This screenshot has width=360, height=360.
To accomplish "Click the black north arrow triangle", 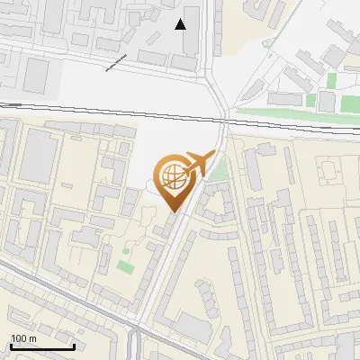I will point(182,24).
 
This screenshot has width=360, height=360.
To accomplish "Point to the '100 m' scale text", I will point(23,338).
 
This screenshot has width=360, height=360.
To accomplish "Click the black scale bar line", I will point(41,346).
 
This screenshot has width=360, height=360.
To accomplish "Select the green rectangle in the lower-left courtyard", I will point(124,266).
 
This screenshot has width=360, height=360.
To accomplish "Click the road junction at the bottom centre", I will point(137,335).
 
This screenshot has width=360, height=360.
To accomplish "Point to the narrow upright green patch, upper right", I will point(331,80).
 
